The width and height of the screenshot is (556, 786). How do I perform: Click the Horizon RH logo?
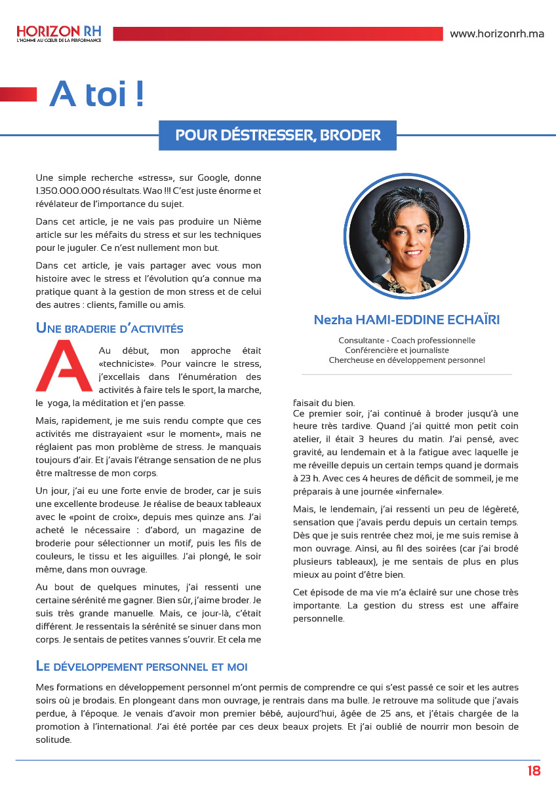click(x=59, y=33)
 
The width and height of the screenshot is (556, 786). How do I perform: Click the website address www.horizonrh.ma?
click(x=496, y=34)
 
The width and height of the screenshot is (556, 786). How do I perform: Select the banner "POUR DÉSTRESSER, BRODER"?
click(x=278, y=136)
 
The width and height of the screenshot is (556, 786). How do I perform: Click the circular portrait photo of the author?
click(x=404, y=237)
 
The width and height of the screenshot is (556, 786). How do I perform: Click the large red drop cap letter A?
click(x=64, y=366)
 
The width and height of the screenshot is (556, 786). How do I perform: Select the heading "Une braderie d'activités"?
click(x=109, y=328)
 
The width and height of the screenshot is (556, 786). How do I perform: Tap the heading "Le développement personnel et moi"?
click(x=142, y=667)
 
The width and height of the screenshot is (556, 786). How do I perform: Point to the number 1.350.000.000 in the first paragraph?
click(x=64, y=191)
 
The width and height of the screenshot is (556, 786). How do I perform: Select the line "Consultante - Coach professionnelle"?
click(x=407, y=341)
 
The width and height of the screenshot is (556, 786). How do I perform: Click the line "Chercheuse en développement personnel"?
click(x=407, y=360)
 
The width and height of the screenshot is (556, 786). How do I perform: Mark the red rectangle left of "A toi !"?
click(x=18, y=94)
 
